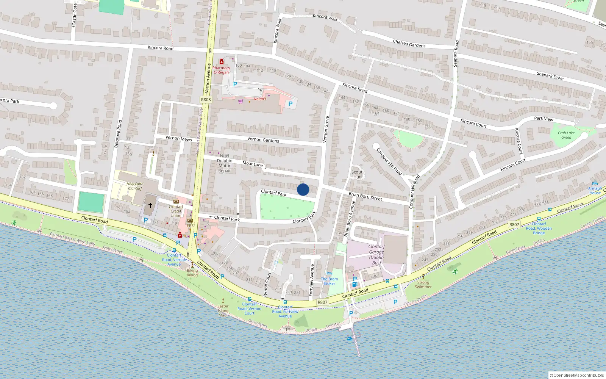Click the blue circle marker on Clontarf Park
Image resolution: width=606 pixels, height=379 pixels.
click(303, 189)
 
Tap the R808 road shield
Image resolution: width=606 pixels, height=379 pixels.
click(206, 100)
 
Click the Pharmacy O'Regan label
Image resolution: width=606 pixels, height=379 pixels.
click(221, 70)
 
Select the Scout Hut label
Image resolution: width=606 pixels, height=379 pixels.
click(357, 174)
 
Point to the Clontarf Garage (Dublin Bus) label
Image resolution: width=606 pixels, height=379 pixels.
click(376, 254)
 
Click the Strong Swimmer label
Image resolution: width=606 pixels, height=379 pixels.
click(423, 284)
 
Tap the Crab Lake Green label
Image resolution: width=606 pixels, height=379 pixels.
click(566, 135)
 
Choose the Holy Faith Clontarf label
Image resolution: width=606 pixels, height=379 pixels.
click(135, 186)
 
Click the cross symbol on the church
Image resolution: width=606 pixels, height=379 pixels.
click(150, 205)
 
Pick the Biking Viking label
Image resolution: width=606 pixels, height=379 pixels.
click(192, 273)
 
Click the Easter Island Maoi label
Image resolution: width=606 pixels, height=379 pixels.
click(223, 310)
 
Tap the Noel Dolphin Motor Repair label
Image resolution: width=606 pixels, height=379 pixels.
click(225, 163)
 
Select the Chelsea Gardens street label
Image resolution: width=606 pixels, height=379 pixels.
click(409, 44)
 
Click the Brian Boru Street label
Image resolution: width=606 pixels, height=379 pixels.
click(365, 196)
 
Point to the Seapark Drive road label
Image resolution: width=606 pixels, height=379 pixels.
click(550, 76)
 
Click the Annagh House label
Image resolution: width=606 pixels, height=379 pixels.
click(595, 190)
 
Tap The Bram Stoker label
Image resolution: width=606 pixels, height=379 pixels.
click(329, 281)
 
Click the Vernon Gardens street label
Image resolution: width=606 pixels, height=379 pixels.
click(263, 140)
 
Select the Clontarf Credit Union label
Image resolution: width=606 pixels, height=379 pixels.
click(176, 211)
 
